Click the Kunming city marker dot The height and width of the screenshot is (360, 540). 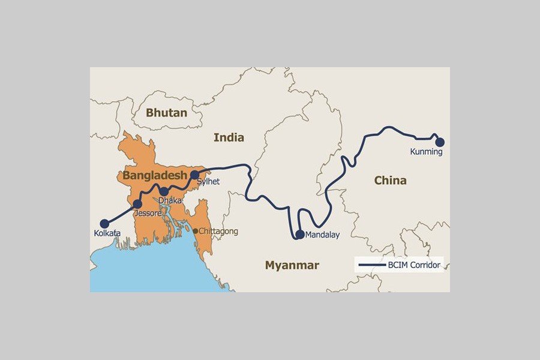(440, 142)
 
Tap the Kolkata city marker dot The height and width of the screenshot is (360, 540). (105, 223)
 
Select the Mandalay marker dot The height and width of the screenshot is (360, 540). (300, 234)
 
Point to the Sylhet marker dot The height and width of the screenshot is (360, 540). (194, 175)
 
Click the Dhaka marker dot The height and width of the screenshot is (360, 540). (164, 192)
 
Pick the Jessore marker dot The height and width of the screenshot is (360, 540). (137, 204)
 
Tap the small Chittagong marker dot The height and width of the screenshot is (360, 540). (195, 231)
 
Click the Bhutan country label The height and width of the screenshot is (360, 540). (166, 113)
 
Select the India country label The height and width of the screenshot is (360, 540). (229, 137)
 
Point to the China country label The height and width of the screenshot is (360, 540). (390, 180)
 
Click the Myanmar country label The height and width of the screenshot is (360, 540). (292, 265)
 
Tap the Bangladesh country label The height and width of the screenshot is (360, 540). (155, 176)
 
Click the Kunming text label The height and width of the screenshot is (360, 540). (426, 152)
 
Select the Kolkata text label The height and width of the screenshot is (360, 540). (107, 233)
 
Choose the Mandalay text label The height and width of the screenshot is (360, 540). (322, 235)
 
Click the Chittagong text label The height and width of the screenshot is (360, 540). (218, 232)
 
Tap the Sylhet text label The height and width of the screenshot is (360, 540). (209, 181)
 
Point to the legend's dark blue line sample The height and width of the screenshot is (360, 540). (370, 265)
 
